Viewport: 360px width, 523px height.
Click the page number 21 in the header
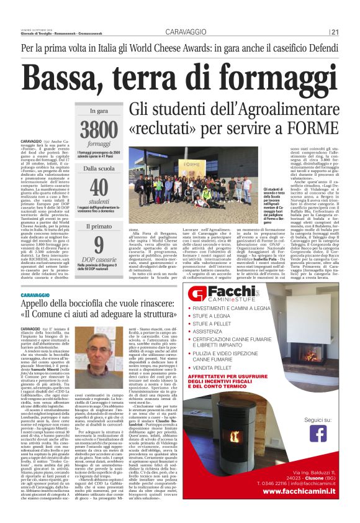(336, 32)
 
